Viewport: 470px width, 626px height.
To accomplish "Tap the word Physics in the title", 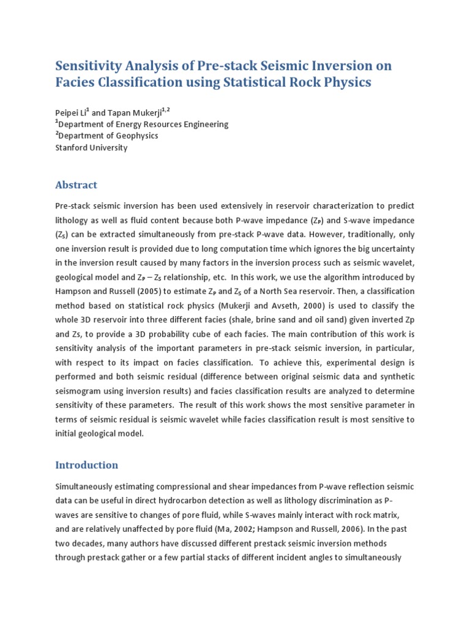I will click(344, 82).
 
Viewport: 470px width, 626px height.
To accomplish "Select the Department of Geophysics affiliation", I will click(111, 136).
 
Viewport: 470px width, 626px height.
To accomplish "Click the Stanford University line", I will click(91, 147).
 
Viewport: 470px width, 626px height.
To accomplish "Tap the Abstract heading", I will click(76, 185).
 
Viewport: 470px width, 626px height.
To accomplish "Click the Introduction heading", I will click(86, 465).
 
